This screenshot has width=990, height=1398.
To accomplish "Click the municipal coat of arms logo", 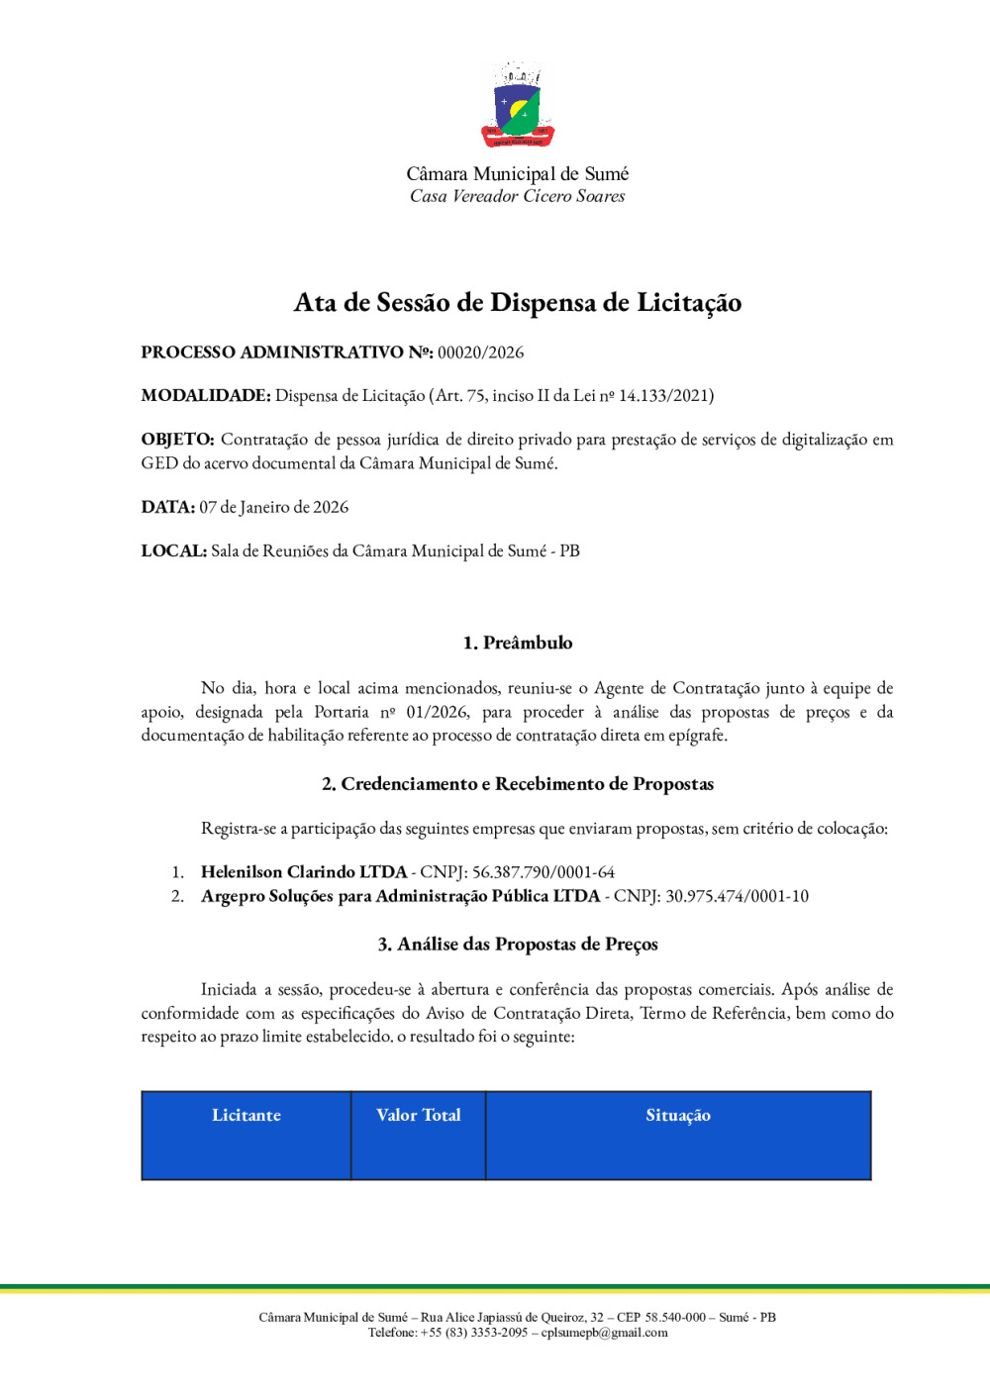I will coord(518,106).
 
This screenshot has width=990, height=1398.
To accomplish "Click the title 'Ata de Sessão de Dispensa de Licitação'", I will coord(518,303).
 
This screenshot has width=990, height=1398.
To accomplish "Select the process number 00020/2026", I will coord(481,352).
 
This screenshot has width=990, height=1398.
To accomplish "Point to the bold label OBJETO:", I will coord(177,440).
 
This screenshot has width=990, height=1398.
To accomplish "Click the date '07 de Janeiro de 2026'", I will coord(274,508).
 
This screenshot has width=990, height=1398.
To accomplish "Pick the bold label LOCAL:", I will coord(173,551).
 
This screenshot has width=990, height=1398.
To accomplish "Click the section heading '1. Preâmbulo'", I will coord(518,644).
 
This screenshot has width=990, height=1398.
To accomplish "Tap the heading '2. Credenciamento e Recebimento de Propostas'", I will coord(518,784).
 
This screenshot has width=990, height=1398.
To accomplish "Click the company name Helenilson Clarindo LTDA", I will coord(304,872).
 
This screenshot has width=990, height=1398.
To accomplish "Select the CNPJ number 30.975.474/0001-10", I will coord(737,897).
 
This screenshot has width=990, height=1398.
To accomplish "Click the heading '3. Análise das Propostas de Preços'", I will coord(518,945).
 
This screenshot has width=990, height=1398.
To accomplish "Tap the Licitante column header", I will coord(247,1116).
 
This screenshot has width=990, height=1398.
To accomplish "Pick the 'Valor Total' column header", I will coord(419,1116).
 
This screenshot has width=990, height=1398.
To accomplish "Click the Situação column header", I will coord(678,1116).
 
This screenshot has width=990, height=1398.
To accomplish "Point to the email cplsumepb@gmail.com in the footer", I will coord(604,1333).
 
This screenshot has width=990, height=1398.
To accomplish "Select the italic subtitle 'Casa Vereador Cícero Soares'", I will coord(518,197).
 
